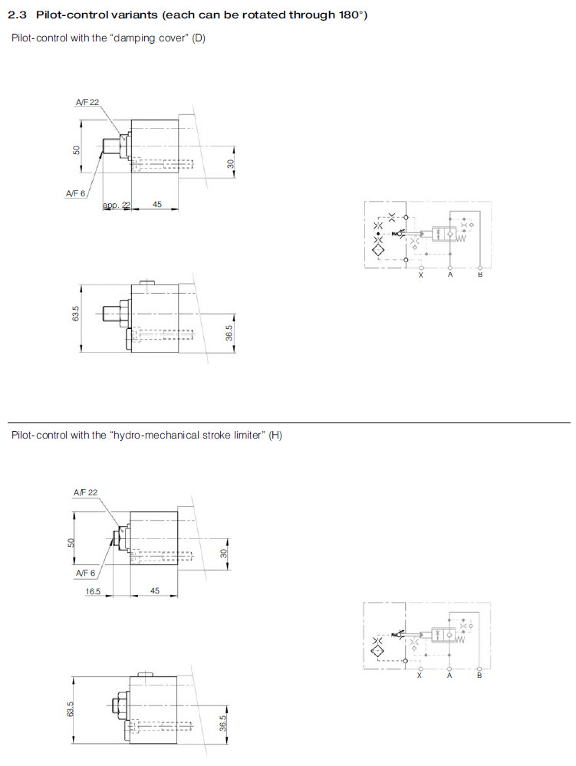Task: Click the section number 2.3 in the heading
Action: click(x=17, y=15)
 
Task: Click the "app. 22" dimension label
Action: click(x=117, y=205)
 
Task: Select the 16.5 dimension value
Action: click(x=93, y=591)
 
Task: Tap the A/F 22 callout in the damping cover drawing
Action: click(x=87, y=102)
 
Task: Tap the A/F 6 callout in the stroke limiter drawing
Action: click(x=85, y=573)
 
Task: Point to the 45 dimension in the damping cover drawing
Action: click(x=156, y=204)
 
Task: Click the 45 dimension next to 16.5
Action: click(x=155, y=590)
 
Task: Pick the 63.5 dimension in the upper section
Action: click(x=76, y=313)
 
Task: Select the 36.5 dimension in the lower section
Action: click(x=222, y=724)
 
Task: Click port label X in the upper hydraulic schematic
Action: click(x=421, y=275)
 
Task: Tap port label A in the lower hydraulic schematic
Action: click(x=449, y=676)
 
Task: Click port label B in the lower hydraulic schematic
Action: click(x=479, y=676)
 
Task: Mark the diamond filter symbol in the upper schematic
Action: click(x=378, y=250)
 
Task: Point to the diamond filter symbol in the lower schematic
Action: click(x=377, y=650)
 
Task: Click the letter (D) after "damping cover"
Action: click(x=199, y=38)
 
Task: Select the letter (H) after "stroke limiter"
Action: click(x=275, y=435)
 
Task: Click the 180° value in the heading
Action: click(x=351, y=15)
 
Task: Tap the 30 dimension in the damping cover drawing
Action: click(x=231, y=164)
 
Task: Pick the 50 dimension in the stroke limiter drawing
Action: click(x=71, y=543)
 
